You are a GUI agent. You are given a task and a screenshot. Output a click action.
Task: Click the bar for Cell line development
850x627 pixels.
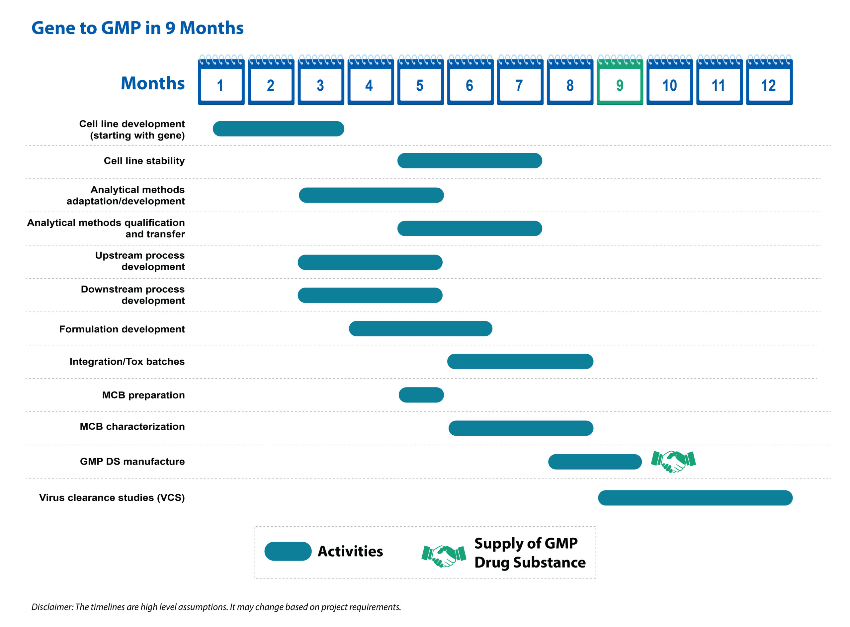(278, 129)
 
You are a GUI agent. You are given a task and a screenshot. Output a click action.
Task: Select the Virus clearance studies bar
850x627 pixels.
(695, 497)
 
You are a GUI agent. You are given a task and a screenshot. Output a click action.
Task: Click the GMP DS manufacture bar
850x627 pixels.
(595, 462)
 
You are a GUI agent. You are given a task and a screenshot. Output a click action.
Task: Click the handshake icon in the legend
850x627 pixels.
(444, 556)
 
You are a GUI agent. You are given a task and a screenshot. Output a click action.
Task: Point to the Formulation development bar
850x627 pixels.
(420, 328)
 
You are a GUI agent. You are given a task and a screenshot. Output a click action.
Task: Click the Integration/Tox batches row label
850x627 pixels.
(127, 361)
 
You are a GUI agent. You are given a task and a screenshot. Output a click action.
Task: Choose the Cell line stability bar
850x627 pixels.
(469, 160)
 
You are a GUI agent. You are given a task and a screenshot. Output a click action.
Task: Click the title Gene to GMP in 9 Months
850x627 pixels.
(137, 28)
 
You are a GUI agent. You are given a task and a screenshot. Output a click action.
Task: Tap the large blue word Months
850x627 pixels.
(152, 83)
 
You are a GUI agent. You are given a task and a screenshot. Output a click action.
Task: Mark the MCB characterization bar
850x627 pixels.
(521, 428)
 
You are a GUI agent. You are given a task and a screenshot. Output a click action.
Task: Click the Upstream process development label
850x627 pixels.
(140, 261)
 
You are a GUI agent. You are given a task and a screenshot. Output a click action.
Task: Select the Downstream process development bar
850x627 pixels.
(370, 295)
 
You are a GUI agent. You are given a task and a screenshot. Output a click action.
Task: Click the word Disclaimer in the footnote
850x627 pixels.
(52, 607)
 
